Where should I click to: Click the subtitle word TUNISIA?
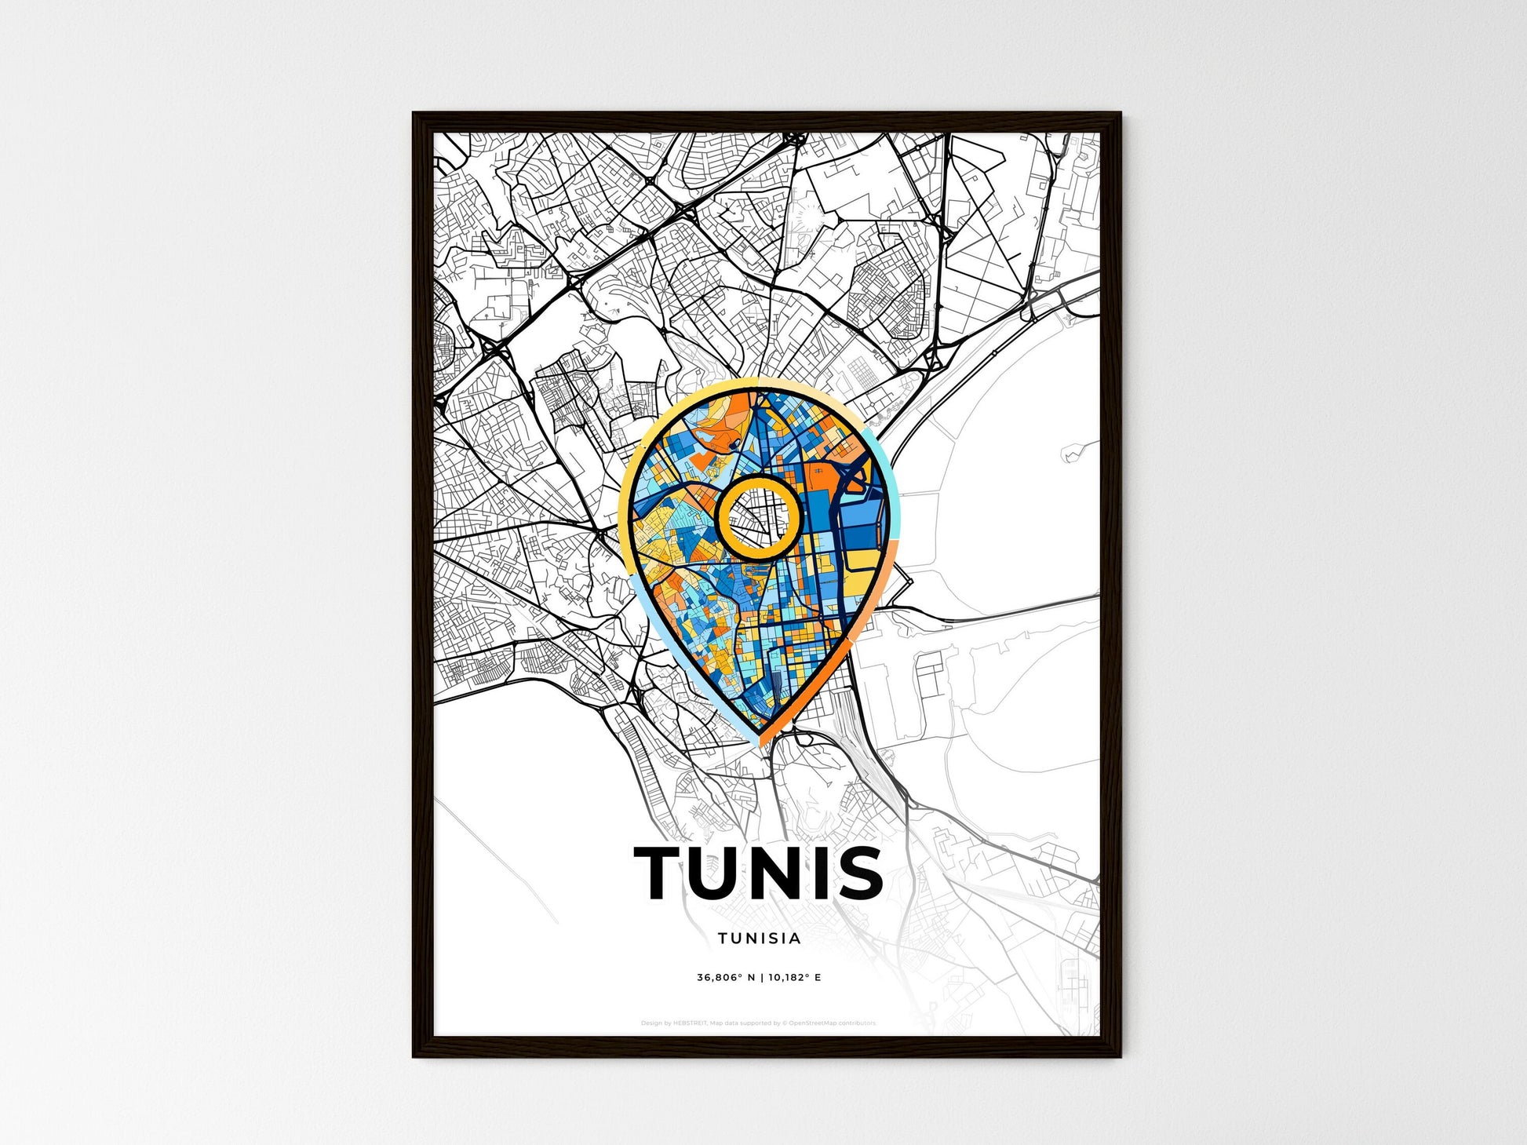tap(759, 938)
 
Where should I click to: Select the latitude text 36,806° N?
tap(725, 978)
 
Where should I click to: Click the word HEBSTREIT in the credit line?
tap(690, 1023)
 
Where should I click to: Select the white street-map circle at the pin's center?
tap(759, 517)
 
